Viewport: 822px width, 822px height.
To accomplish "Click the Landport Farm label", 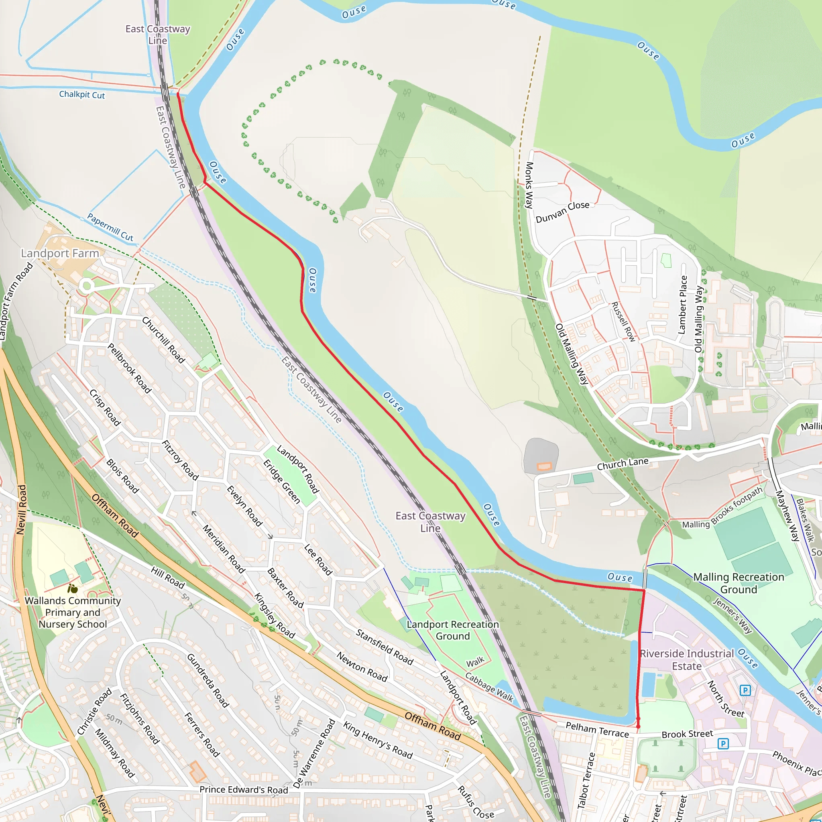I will (60, 253).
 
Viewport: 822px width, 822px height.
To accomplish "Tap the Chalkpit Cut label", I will (82, 94).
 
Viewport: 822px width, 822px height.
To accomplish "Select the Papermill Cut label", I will (110, 227).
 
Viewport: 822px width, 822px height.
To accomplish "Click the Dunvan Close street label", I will (562, 212).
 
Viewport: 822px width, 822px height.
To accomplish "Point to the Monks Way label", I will (529, 185).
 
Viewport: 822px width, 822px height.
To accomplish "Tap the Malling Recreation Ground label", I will (739, 583).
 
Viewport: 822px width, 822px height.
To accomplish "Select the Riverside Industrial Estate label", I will (687, 659).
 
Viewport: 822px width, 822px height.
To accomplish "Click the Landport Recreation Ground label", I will (453, 630).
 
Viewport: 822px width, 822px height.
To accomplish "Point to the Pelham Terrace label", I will (597, 730).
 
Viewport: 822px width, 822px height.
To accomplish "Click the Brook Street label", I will (687, 734).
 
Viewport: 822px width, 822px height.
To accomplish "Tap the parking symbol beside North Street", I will (745, 690).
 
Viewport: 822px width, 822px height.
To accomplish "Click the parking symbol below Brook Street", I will (723, 743).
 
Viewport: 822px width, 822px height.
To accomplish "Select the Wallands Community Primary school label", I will (73, 612).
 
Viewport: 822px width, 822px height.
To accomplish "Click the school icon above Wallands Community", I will (73, 589).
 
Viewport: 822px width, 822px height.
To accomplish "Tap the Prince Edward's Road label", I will (244, 789).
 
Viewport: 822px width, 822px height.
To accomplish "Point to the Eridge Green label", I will (282, 482).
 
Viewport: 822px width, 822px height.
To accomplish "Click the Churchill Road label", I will (163, 340).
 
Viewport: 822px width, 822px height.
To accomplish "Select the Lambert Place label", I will (683, 305).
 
